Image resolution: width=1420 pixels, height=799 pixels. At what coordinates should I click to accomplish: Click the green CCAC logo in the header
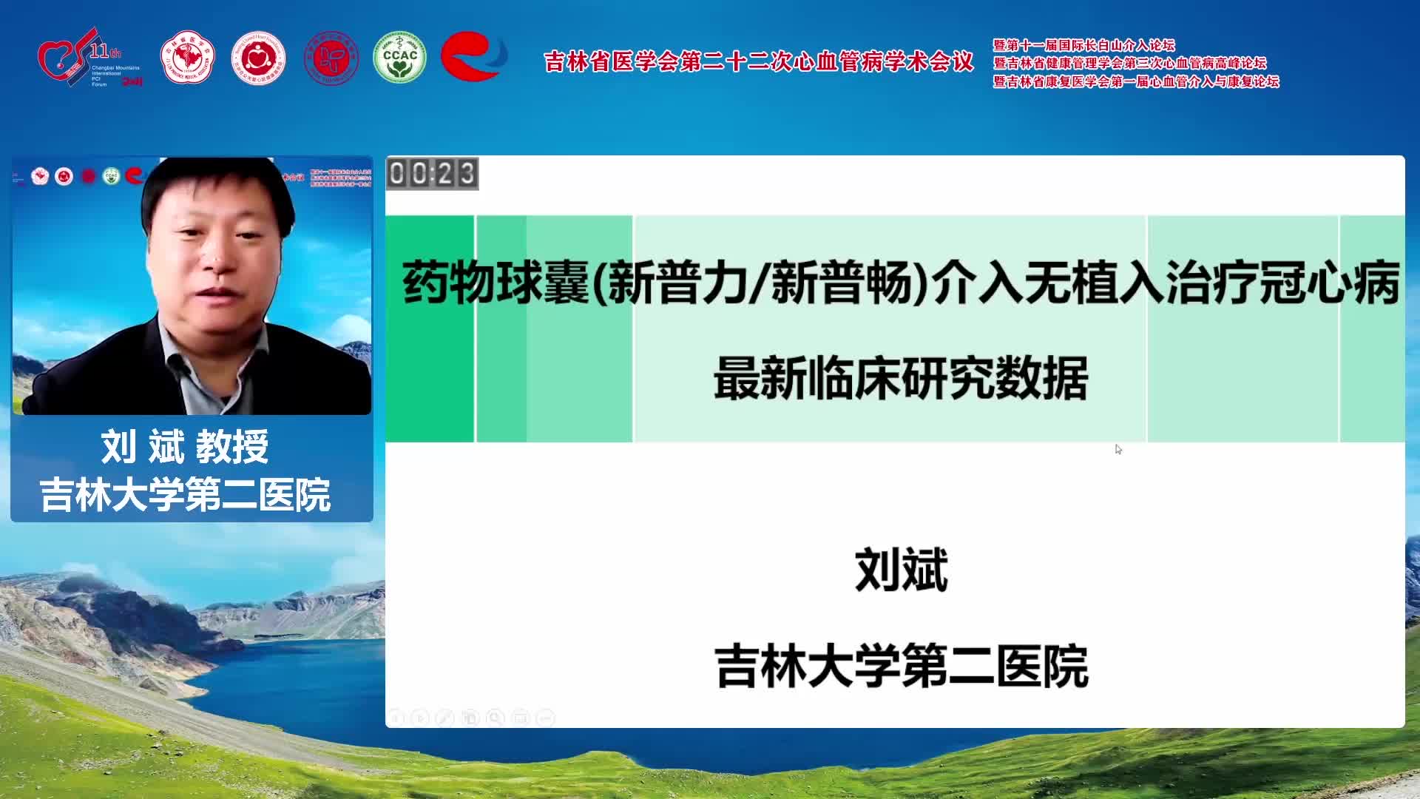coord(399,57)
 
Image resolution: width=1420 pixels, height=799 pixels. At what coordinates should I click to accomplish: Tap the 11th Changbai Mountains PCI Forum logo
coord(89,58)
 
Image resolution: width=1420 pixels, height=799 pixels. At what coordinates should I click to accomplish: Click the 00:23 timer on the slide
coord(432,174)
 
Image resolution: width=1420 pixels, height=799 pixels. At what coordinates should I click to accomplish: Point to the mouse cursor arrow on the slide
coord(1118,448)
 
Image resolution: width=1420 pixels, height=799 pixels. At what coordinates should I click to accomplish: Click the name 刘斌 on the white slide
coord(901,570)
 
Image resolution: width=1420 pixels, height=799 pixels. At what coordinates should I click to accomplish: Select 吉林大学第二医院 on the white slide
coord(901,667)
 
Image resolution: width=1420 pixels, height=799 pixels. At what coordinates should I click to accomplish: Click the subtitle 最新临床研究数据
coord(901,379)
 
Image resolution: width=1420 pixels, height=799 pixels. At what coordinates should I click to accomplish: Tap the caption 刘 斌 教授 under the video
coord(185,447)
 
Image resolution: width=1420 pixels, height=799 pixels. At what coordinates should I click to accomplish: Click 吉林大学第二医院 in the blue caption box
coord(185,495)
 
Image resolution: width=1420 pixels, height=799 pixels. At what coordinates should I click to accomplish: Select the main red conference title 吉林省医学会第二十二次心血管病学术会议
coord(759,61)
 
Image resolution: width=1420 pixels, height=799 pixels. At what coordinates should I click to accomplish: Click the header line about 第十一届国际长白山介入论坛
coord(1083,45)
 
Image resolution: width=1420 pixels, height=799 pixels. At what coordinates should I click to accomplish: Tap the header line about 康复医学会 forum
coord(1136,81)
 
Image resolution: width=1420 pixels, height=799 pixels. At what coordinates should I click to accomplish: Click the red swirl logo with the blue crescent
coord(473,56)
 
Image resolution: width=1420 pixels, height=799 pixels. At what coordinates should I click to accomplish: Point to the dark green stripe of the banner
coord(429,329)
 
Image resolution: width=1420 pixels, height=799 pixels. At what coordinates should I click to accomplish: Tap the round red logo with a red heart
coord(258,58)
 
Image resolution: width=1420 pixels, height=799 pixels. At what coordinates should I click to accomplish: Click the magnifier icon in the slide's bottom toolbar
coord(496,718)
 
